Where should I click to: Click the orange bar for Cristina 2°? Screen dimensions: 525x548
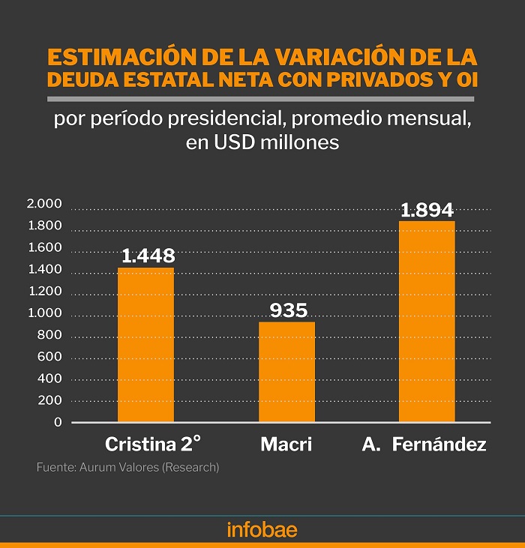145,345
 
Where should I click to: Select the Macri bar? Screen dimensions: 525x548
286,372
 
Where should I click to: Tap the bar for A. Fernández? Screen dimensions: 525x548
427,321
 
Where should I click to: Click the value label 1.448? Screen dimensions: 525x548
148,256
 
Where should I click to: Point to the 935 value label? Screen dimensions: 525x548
289,310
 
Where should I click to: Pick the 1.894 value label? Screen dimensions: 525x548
427,210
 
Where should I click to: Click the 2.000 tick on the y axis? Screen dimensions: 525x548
44,203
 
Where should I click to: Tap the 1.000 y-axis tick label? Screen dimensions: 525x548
45,313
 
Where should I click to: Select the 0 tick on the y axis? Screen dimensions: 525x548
58,422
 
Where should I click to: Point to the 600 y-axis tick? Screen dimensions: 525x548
49,357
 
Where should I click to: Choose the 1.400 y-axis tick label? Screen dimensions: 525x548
45,269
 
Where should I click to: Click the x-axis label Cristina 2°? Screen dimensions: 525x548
153,444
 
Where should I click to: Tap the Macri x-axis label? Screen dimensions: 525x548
286,445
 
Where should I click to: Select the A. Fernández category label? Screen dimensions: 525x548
424,445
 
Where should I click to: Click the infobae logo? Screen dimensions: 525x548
262,529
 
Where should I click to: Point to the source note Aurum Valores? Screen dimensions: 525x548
118,467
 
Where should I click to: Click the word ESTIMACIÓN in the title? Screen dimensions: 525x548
122,56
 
